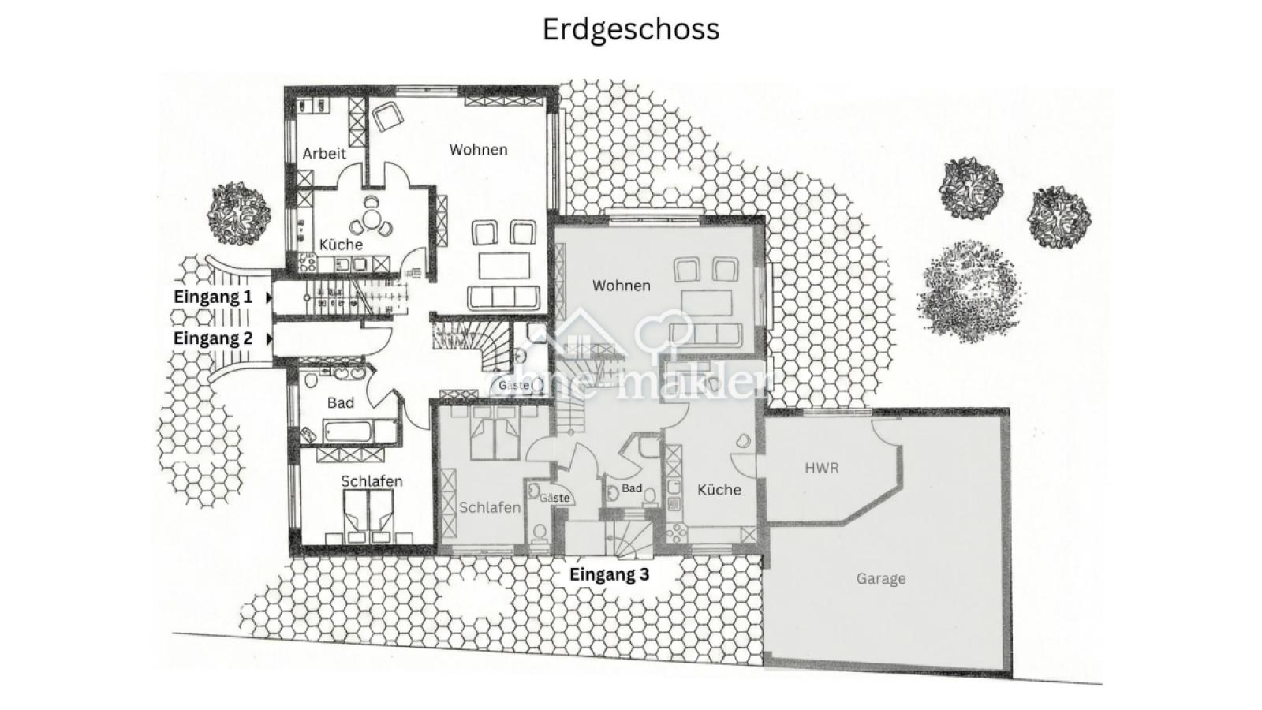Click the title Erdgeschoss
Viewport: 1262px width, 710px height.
[630, 29]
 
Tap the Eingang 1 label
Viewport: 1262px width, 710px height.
[213, 297]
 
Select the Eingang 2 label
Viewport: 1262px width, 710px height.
[213, 338]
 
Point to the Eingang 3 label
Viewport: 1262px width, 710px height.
[609, 575]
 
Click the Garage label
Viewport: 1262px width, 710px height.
[881, 579]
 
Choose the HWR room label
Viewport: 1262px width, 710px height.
[821, 469]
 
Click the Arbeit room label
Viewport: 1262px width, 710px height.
[324, 154]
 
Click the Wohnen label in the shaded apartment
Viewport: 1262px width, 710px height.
[622, 286]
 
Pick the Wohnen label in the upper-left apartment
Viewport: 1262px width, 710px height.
[478, 150]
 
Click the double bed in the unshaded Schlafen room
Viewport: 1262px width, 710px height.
[369, 513]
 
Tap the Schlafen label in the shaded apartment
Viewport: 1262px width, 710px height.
[490, 508]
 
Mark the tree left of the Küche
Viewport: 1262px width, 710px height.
[239, 211]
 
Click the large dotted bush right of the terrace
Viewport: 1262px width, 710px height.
[970, 290]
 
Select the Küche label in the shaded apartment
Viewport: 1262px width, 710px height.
[719, 490]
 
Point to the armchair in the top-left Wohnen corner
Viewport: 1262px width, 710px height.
[386, 117]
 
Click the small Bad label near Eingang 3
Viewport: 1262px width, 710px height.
[632, 488]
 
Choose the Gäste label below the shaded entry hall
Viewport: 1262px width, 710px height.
[554, 498]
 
